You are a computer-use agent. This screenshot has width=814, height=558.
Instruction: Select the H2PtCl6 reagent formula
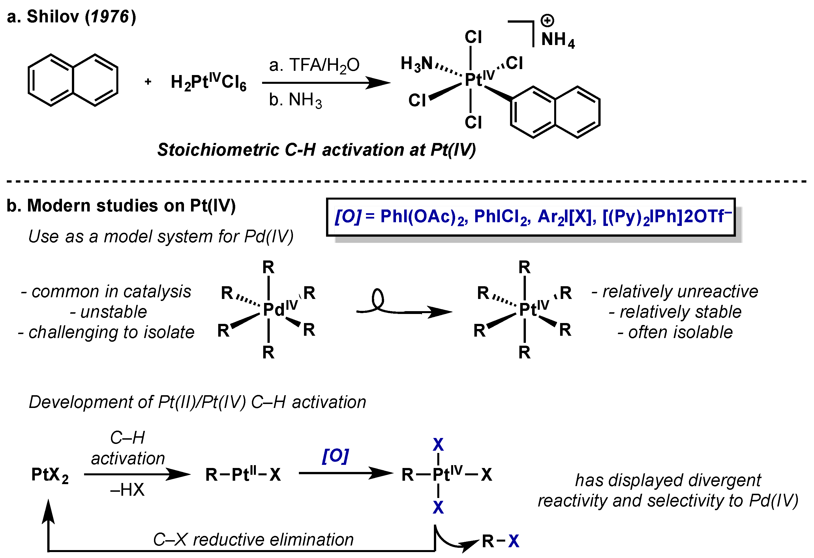(208, 83)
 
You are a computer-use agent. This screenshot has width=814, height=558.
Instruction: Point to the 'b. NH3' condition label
(295, 100)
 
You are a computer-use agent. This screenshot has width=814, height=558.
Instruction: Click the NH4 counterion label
(558, 40)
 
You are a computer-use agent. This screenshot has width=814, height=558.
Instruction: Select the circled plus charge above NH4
(547, 20)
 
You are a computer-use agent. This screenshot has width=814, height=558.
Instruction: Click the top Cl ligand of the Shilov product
(473, 37)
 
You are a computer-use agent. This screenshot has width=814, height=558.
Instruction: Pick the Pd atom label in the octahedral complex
(274, 309)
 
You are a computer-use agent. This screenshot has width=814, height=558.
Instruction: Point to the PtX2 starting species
(50, 475)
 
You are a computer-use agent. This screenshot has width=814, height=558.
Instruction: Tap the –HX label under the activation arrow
(127, 490)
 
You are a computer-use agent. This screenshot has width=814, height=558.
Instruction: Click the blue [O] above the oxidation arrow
(335, 456)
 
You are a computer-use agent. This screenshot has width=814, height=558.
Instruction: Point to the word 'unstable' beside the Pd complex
(113, 312)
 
